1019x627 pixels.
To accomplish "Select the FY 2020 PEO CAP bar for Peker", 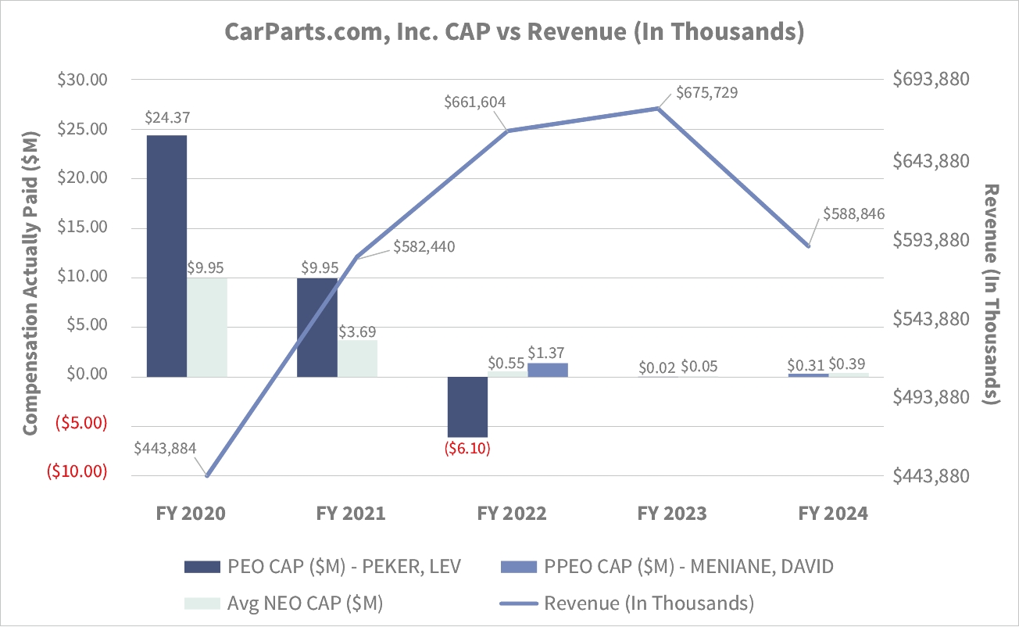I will tap(166, 256).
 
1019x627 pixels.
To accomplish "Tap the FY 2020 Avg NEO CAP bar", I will tap(207, 327).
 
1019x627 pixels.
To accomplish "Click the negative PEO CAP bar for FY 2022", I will tap(467, 407).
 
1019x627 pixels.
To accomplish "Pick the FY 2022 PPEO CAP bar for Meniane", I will tap(548, 370).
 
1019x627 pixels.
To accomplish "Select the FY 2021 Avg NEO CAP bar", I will tap(357, 358).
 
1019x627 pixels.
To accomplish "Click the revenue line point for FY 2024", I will tap(809, 246).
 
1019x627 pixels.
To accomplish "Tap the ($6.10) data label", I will tap(467, 450).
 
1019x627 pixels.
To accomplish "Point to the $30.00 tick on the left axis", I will tap(82, 80).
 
